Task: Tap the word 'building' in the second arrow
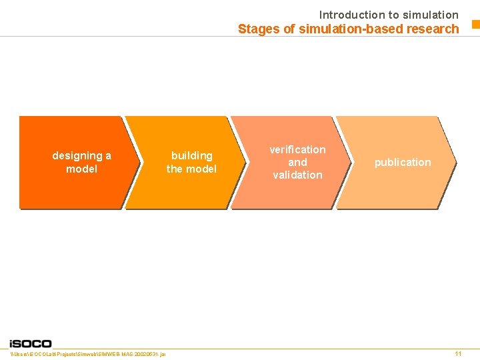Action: point(191,155)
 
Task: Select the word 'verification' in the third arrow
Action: point(297,149)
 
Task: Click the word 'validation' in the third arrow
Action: point(297,175)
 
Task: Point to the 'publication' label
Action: point(403,162)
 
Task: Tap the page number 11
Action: point(458,353)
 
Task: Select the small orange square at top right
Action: point(475,25)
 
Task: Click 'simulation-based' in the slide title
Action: point(335,29)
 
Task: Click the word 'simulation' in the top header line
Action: point(431,15)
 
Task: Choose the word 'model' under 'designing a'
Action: point(81,169)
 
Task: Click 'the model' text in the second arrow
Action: point(191,169)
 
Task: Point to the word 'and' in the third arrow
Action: point(297,162)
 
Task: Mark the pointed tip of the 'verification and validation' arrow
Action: point(350,162)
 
